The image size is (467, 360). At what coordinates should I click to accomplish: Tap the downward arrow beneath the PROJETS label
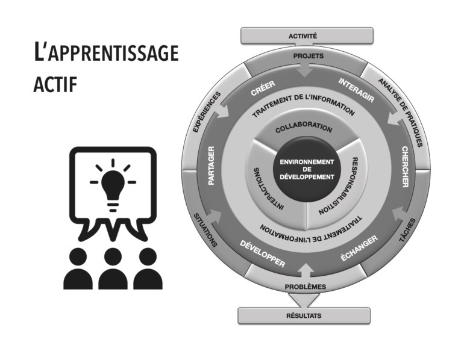pos(306,70)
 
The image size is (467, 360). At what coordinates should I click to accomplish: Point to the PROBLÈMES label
pos(306,287)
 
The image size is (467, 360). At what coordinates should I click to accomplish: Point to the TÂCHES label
pos(407,231)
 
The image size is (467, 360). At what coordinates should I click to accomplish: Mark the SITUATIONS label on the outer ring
pos(206,229)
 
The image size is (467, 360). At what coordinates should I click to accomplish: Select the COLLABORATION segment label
pos(304,128)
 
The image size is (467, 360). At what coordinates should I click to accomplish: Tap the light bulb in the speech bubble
pos(113,182)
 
